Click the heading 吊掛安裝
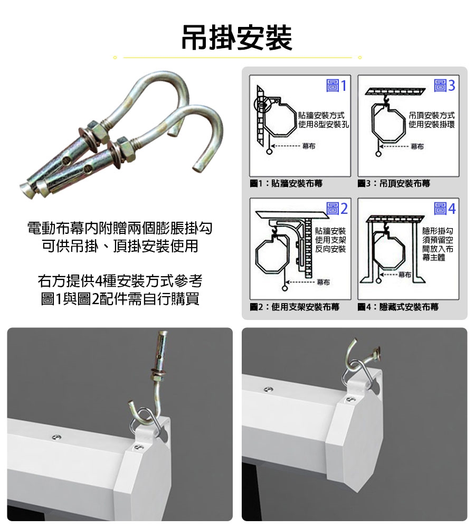[x=237, y=37]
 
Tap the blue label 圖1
[x=336, y=86]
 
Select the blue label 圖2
[x=337, y=209]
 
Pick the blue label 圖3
[x=444, y=86]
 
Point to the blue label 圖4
[x=444, y=209]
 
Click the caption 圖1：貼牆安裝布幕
[x=286, y=184]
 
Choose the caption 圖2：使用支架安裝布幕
[x=294, y=307]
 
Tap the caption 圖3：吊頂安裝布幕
[x=394, y=184]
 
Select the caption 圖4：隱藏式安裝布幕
[x=398, y=307]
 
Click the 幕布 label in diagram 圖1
[x=309, y=146]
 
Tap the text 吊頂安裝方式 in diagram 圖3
[x=432, y=116]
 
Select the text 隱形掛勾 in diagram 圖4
[x=438, y=231]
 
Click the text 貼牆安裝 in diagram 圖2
[x=330, y=231]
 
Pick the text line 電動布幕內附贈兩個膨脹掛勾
[x=120, y=228]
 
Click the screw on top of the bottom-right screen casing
[x=268, y=389]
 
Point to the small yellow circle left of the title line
[x=115, y=58]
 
